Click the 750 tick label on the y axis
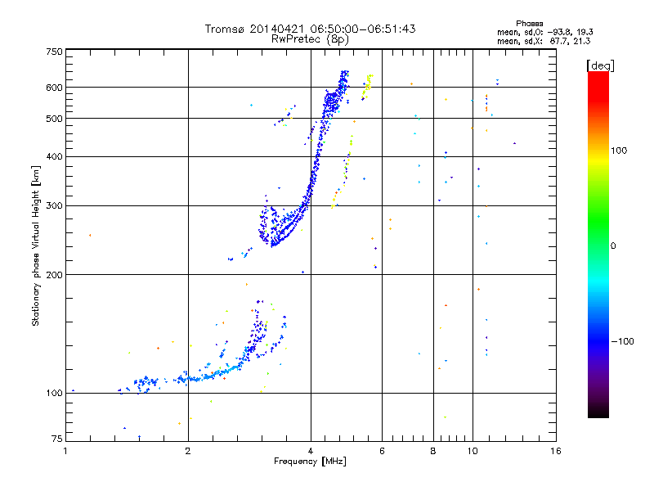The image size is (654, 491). [x=55, y=51]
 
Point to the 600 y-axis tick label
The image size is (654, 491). [x=55, y=87]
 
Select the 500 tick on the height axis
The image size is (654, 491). [x=55, y=118]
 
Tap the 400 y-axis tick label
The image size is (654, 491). [x=55, y=156]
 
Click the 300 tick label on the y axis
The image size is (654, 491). [x=55, y=205]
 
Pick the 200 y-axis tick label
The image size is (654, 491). [x=55, y=274]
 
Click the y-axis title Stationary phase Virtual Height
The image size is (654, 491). [x=36, y=245]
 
